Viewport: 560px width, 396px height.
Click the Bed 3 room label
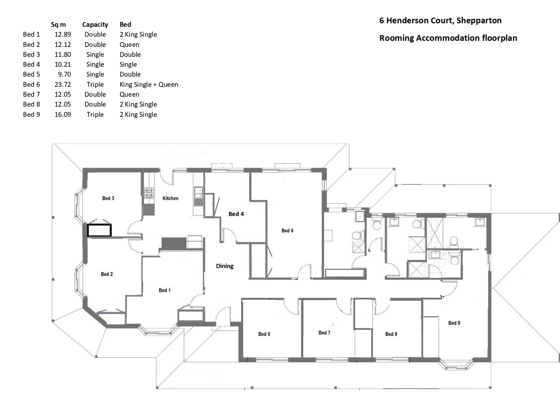point(108,198)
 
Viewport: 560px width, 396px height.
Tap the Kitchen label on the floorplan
point(170,198)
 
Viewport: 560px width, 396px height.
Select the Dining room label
point(224,266)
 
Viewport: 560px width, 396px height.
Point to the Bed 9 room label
point(454,323)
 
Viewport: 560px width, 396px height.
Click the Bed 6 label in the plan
point(287,231)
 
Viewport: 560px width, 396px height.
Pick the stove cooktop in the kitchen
point(149,193)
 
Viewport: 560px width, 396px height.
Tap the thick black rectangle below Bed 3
point(99,230)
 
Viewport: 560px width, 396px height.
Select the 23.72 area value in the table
point(63,84)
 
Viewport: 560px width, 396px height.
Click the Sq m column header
point(58,25)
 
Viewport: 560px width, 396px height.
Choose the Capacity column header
point(95,25)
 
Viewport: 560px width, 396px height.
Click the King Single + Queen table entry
point(149,84)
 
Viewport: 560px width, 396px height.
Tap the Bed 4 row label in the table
point(31,65)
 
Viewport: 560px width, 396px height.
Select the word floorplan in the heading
point(499,38)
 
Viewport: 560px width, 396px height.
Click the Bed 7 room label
point(324,333)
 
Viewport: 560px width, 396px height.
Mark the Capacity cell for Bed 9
point(95,114)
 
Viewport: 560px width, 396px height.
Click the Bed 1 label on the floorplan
point(164,290)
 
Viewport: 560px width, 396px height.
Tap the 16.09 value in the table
point(63,114)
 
